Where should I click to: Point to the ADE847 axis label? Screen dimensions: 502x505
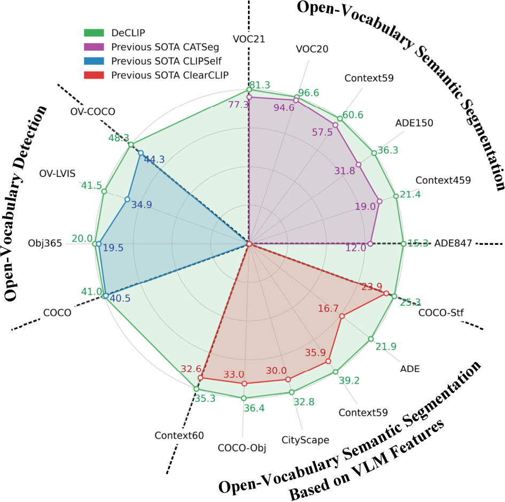(453, 243)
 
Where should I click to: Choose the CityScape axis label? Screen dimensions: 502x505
(305, 440)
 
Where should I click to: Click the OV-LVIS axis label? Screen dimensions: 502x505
(57, 174)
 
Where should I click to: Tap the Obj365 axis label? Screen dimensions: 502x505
(45, 243)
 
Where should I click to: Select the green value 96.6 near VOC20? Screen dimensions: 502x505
(308, 92)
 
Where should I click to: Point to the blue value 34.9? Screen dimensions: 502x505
(142, 205)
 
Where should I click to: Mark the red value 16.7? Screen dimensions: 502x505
(328, 308)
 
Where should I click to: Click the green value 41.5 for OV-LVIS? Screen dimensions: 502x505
(91, 184)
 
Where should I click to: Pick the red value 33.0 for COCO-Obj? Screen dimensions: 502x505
(234, 374)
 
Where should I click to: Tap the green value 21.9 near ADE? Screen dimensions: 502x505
(386, 346)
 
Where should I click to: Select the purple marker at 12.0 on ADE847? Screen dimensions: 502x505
(370, 244)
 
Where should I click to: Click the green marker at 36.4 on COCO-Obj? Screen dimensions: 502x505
(244, 398)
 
